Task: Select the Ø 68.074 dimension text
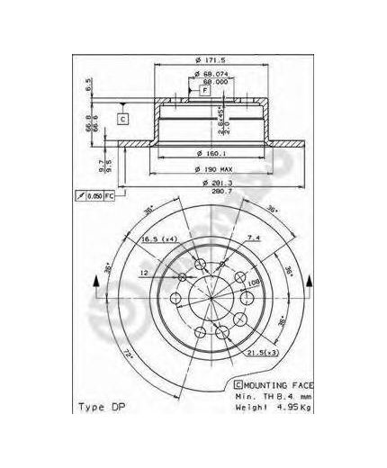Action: (x=211, y=72)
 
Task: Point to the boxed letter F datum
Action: (x=205, y=92)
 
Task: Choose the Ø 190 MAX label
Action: (x=213, y=169)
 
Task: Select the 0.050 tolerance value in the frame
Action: (x=94, y=195)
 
